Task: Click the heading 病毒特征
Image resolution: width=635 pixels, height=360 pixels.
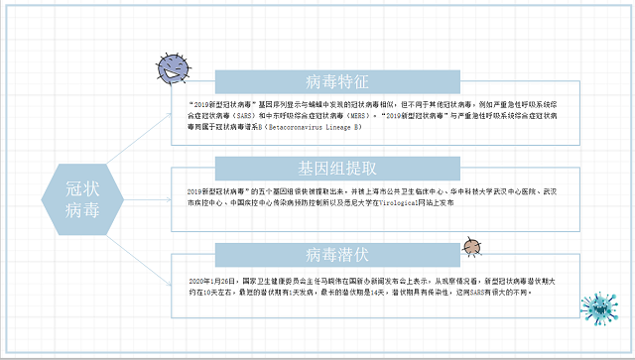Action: point(338,81)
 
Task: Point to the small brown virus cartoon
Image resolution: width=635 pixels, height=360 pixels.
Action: point(472,246)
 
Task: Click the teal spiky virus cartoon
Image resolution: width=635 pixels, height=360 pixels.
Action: point(601,310)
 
